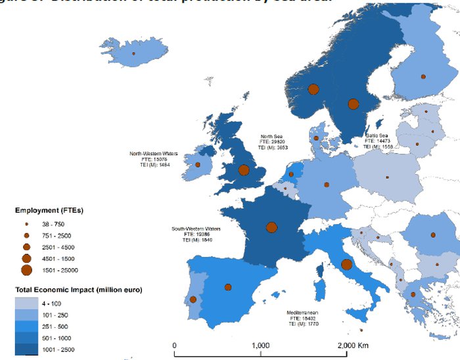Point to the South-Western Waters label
point(196,229)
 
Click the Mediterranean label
point(303,313)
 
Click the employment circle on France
point(271,227)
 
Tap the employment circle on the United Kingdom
point(244,170)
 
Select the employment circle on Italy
point(346,265)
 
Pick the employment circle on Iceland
point(133,54)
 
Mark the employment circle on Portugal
point(193,300)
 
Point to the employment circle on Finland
point(423,77)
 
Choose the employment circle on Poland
point(387,177)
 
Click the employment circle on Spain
point(228,287)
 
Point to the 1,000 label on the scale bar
point(261,346)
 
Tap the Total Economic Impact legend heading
point(79,289)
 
